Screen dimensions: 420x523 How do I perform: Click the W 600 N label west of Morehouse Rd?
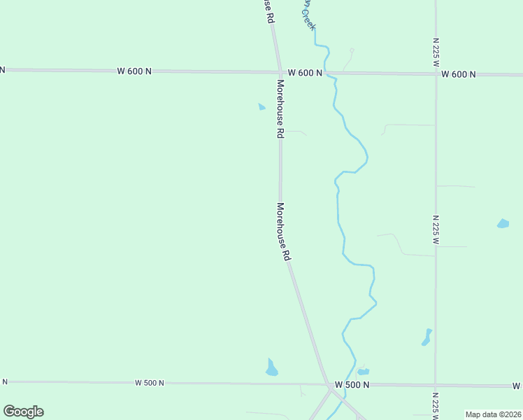[x=134, y=71]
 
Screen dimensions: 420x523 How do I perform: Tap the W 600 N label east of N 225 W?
[x=459, y=74]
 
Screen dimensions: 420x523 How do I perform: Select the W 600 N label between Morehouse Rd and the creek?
[x=305, y=73]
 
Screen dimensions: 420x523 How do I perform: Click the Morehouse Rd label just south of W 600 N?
[x=280, y=108]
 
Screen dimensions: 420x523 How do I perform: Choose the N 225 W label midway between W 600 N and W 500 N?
[x=436, y=230]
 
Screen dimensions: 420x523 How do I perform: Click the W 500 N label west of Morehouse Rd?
[x=150, y=383]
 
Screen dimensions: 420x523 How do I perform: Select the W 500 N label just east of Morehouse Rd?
[x=352, y=385]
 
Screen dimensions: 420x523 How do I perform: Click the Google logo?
[x=23, y=412]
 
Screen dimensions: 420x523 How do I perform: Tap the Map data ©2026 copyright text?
[x=493, y=414]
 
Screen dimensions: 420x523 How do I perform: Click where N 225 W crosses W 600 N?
[x=436, y=73]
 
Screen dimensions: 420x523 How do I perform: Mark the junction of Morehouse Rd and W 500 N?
[x=327, y=384]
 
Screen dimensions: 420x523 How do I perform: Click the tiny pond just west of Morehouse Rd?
[x=261, y=107]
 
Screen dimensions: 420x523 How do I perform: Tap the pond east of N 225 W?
[x=503, y=224]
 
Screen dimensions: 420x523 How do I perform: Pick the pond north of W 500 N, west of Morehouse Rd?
[x=271, y=367]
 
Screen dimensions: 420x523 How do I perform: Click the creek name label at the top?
[x=308, y=14]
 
